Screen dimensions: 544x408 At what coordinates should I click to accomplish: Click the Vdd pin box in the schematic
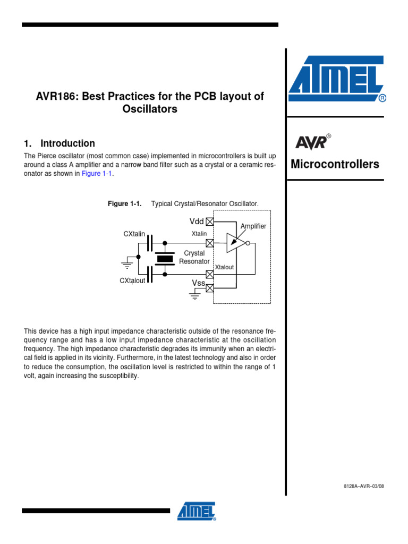[210, 222]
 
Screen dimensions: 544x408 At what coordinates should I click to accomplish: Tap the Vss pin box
[210, 288]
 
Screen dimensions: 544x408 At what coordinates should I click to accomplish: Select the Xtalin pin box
[210, 243]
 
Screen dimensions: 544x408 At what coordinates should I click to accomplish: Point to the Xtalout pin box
[210, 275]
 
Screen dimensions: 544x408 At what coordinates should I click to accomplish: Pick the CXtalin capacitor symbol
[151, 243]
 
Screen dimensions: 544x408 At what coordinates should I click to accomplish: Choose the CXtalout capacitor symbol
[151, 275]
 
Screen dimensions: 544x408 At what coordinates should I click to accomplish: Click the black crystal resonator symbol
[165, 259]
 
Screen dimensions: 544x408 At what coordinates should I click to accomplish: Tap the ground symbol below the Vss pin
[195, 297]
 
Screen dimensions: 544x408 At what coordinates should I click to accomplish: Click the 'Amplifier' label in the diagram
[253, 226]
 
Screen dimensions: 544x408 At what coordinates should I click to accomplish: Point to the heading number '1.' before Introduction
[28, 143]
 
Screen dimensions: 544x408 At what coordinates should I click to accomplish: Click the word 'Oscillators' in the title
[149, 109]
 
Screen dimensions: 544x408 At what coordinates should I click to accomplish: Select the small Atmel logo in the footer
[197, 512]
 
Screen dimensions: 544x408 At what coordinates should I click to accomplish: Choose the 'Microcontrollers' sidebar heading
[335, 164]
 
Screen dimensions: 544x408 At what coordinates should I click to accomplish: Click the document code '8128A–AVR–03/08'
[363, 486]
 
